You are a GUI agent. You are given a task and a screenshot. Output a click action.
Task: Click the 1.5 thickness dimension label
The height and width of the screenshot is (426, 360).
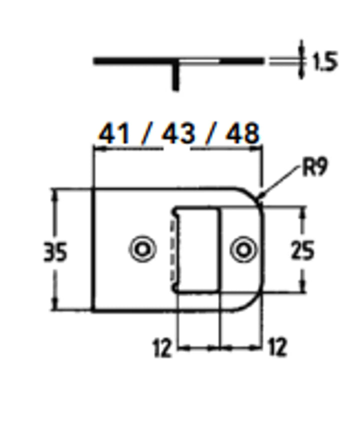(x=325, y=62)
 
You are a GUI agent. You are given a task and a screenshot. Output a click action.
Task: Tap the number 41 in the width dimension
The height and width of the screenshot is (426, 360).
(x=113, y=134)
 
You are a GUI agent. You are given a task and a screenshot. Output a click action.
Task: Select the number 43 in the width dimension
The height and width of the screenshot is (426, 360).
(x=177, y=134)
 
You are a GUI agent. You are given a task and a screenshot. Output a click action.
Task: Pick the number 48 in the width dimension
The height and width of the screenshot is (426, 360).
(x=242, y=134)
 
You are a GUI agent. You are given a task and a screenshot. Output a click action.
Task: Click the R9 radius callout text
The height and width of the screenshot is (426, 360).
(x=314, y=168)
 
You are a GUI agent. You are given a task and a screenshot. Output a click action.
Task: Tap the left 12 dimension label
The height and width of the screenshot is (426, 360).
(x=162, y=348)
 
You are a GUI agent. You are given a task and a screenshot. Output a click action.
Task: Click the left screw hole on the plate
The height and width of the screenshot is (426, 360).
(x=142, y=249)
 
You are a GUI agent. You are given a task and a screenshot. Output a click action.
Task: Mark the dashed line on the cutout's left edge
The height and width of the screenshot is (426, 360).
(x=173, y=250)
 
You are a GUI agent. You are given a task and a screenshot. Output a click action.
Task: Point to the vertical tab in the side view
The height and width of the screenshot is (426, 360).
(x=175, y=77)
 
